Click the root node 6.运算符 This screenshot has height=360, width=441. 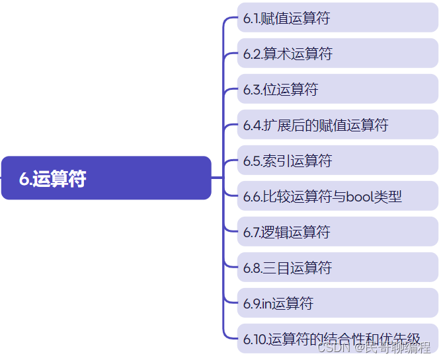click(x=106, y=178)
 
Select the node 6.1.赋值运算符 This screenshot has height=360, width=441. click(x=337, y=18)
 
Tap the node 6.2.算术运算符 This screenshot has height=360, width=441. click(x=337, y=54)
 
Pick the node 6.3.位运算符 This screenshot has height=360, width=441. click(x=337, y=90)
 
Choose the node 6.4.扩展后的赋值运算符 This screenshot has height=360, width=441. click(x=337, y=126)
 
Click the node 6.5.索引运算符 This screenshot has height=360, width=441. click(x=337, y=161)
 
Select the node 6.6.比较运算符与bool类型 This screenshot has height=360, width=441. click(x=337, y=197)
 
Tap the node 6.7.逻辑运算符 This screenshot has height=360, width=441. click(x=337, y=233)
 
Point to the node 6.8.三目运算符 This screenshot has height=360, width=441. click(x=337, y=268)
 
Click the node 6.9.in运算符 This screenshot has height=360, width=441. click(x=337, y=304)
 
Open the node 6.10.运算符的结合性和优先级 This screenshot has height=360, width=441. click(x=337, y=340)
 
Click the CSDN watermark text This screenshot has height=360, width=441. click(x=333, y=348)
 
